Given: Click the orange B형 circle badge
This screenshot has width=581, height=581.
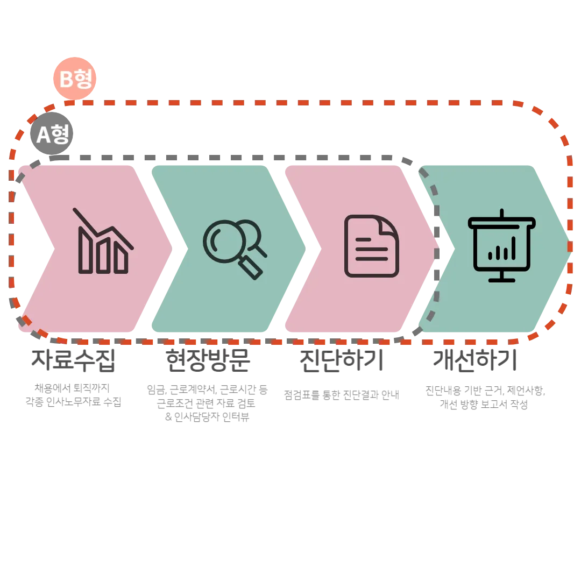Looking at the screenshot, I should coord(75,79).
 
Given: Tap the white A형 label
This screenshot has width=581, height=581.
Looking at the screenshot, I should coord(53,134).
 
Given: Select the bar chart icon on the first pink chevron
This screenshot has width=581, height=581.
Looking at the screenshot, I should coord(103,242).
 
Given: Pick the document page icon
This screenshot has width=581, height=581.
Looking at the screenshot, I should coord(371,246).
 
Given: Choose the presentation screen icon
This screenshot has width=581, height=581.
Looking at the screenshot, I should coord(501,245).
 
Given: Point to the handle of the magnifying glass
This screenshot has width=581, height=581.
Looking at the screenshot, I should coord(251,267).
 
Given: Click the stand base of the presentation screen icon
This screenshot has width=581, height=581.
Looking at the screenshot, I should coord(501,279).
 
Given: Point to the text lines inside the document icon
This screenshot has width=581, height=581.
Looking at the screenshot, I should coord(370,249).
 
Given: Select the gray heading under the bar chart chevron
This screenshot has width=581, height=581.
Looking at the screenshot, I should coord(73,362).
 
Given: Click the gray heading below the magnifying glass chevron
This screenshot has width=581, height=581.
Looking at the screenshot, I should coord(207,362).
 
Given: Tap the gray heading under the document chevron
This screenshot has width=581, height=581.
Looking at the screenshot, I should coord(340,362).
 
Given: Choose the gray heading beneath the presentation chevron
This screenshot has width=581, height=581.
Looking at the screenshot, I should coord(473,362).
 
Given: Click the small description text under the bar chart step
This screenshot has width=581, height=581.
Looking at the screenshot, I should coord(75,395).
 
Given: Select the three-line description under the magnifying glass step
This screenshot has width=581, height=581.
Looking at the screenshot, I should coord(207,403).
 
